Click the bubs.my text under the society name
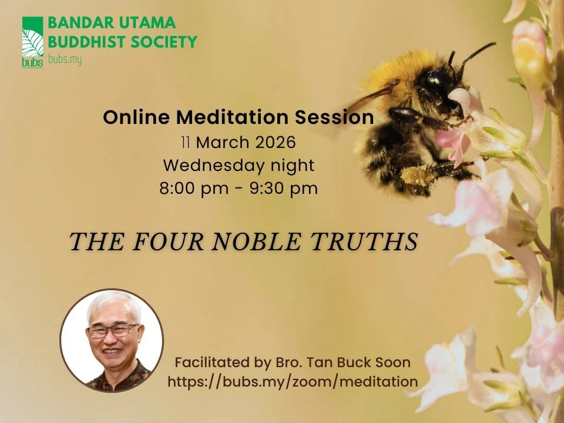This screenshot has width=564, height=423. click(65, 59)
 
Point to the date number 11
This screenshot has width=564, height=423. click(185, 143)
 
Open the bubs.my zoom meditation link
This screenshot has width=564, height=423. click(293, 381)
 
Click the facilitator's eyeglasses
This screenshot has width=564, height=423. click(112, 331)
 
